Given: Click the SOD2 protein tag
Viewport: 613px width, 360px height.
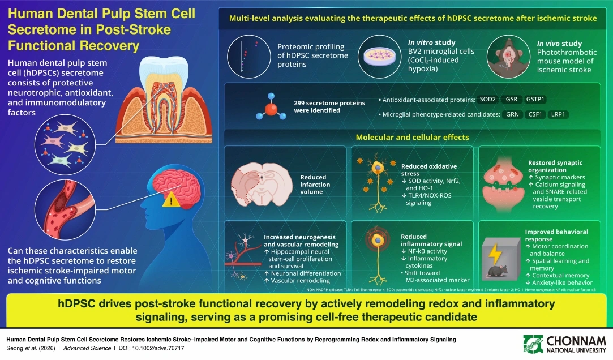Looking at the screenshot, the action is (487, 99).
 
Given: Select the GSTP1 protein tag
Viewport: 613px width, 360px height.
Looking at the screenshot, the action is (535, 99).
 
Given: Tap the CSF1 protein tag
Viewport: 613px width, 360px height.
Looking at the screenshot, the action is (535, 114).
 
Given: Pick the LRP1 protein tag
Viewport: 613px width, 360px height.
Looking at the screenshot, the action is (558, 114).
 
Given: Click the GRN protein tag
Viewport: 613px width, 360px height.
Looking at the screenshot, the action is (512, 114).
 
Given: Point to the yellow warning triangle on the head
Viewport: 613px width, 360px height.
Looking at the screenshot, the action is (171, 202).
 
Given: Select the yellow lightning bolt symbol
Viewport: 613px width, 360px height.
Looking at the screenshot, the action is (495, 254).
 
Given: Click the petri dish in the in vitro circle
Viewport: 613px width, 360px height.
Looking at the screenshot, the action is (379, 57).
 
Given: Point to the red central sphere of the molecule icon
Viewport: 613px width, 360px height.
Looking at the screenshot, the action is (271, 109).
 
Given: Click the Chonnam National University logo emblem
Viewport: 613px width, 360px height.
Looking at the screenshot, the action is (533, 344).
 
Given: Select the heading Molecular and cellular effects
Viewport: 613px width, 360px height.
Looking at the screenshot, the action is (412, 137).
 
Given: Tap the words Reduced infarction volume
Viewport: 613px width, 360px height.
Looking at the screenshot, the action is (315, 185).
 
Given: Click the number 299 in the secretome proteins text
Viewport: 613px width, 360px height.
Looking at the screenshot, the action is (300, 103).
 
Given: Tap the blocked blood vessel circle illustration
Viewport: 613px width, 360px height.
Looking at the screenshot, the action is (65, 209).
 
